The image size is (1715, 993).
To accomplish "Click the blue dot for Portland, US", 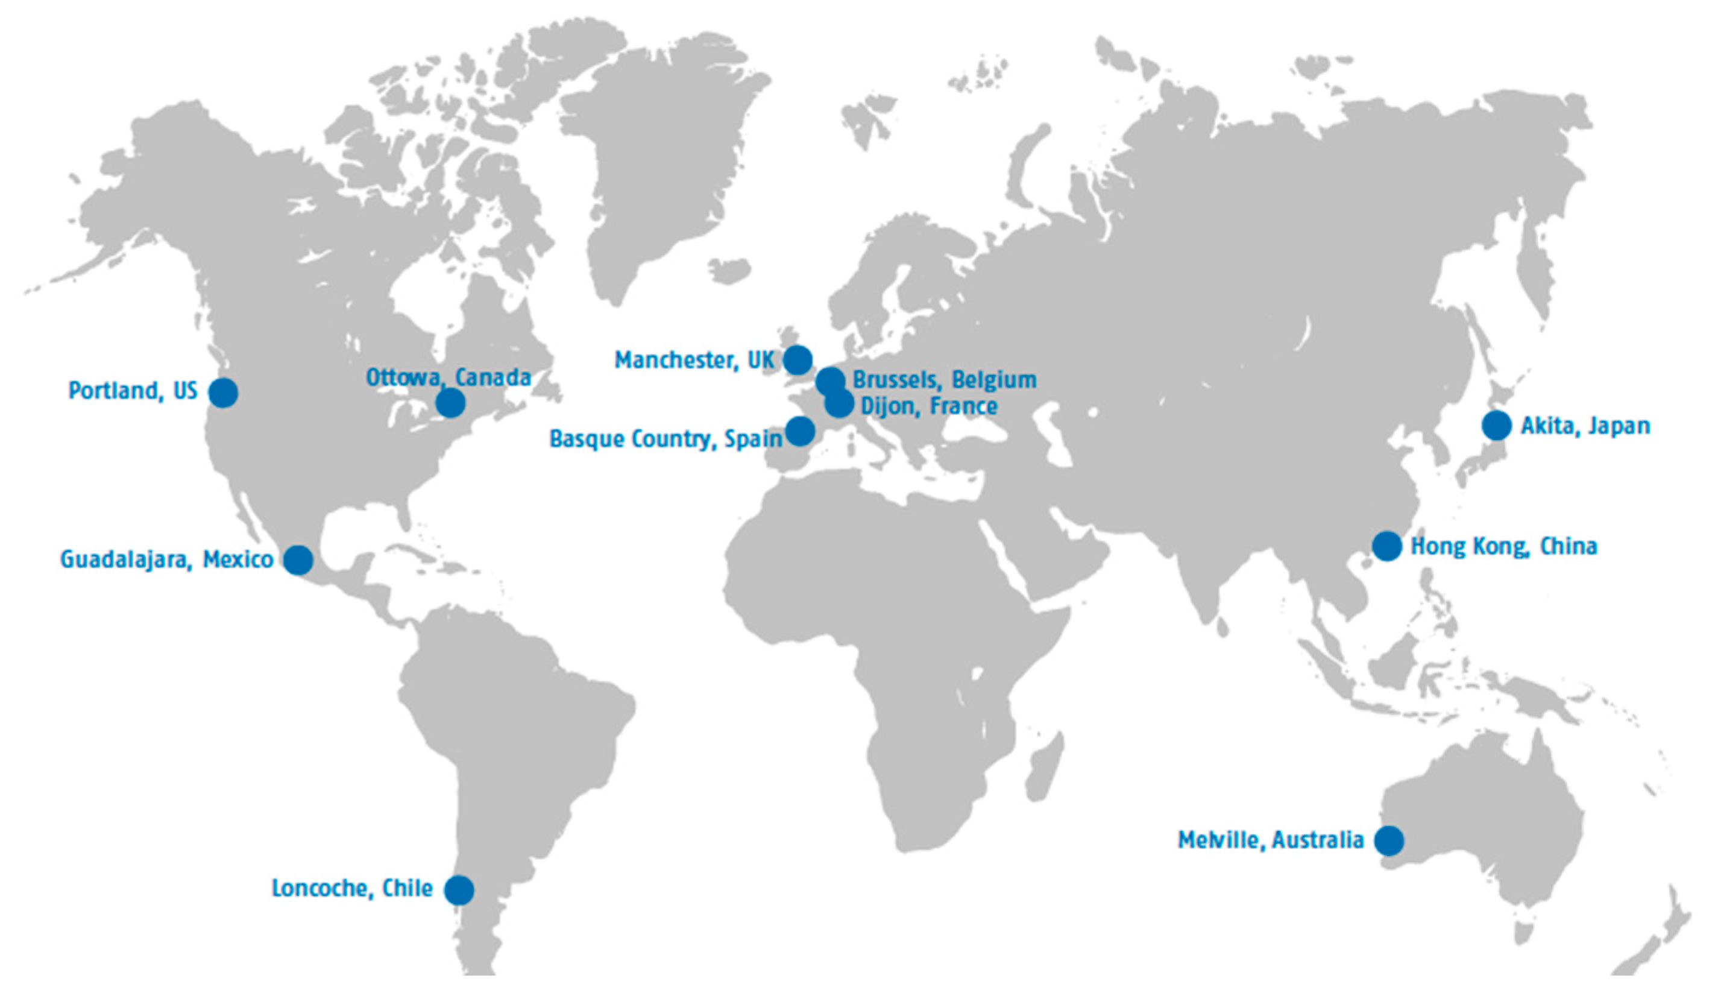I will click(223, 392).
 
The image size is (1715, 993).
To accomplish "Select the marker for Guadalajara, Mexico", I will click(298, 560).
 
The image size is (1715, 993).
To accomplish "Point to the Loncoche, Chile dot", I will click(459, 889).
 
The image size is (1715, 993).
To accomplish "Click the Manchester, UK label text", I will click(694, 360).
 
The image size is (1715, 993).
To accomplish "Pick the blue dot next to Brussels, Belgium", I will click(830, 380).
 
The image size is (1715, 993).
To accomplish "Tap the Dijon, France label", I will click(929, 406).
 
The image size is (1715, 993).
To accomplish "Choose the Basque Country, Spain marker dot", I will click(801, 431).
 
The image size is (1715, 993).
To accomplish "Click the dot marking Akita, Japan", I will click(1497, 426).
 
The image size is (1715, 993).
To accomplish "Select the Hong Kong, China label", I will click(1504, 546).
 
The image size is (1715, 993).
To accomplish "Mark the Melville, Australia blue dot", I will click(1389, 840).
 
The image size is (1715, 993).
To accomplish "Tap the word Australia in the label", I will click(1318, 840).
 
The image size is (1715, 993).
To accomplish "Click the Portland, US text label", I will click(133, 391).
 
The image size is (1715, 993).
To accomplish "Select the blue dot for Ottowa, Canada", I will click(450, 403).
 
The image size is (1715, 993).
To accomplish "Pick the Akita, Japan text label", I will click(1585, 426).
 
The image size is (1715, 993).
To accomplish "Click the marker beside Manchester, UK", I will click(798, 359).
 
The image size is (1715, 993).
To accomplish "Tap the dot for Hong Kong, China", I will click(1387, 546).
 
